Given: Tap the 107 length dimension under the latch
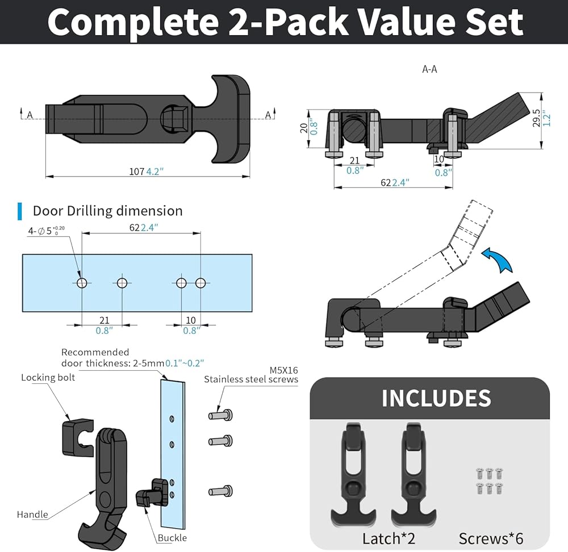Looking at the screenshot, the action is tap(137, 172).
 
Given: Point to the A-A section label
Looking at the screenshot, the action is tap(429, 69).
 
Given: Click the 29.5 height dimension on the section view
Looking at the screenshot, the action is tap(536, 118).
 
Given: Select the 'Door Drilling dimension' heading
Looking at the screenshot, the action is tap(107, 211).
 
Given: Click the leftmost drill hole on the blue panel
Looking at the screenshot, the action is tap(82, 283).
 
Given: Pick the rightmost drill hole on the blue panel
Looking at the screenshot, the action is tap(201, 283).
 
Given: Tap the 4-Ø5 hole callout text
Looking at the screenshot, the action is tap(47, 231).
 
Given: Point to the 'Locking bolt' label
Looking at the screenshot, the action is tap(48, 378).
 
